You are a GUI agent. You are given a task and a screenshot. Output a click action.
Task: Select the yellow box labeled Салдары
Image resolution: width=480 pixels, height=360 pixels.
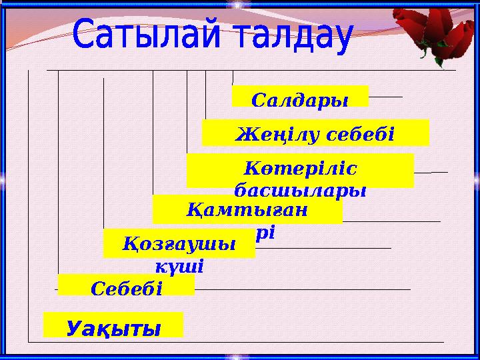(x=300, y=96)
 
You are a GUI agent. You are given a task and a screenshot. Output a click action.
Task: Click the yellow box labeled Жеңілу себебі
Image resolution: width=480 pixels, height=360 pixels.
(x=315, y=133)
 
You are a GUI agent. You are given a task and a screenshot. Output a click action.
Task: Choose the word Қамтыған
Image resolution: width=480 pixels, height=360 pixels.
(x=245, y=211)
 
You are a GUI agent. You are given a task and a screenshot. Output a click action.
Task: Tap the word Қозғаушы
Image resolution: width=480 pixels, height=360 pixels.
(x=179, y=243)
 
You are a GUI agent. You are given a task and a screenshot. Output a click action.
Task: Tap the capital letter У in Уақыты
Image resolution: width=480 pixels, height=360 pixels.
(x=77, y=328)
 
